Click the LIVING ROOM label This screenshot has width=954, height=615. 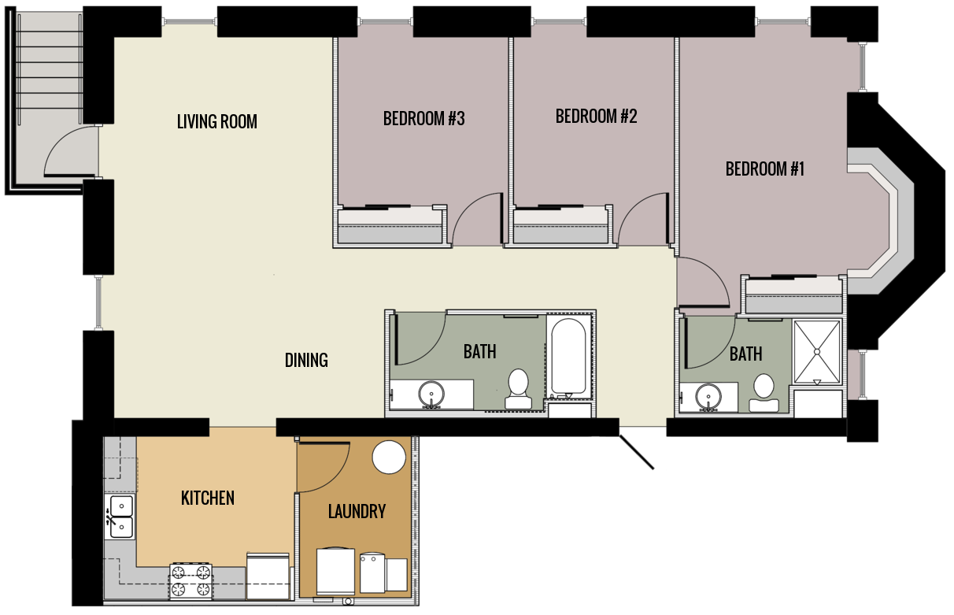216,122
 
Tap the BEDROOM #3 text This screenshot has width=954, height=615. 423,119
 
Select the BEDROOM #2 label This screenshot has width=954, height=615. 596,117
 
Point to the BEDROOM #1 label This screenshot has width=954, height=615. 765,169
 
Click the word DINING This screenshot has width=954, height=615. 306,361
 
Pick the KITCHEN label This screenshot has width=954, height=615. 208,498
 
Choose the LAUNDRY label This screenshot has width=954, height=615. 357,512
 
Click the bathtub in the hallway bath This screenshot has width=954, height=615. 568,356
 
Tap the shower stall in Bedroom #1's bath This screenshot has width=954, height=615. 817,351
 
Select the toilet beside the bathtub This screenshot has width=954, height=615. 518,389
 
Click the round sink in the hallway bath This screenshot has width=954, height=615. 431,393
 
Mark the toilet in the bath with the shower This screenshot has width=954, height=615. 763,392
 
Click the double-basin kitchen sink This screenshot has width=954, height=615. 121,516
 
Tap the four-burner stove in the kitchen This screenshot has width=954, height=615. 191,580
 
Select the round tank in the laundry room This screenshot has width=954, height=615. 388,458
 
